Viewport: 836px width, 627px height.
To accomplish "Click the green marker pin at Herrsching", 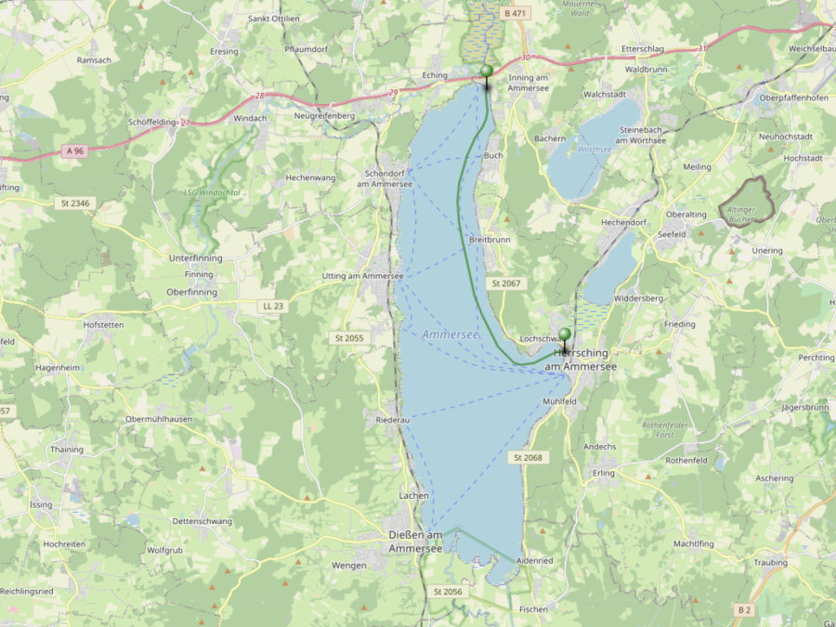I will (x=565, y=336).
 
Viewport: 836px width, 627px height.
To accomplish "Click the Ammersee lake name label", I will (x=450, y=334).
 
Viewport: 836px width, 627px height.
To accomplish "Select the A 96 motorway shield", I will (x=76, y=150).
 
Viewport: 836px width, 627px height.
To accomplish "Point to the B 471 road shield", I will (x=513, y=14).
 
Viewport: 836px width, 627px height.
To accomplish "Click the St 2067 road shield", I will (x=508, y=282).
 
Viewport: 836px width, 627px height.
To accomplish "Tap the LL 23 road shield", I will (x=271, y=305).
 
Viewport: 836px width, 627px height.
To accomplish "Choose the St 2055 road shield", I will (x=348, y=338).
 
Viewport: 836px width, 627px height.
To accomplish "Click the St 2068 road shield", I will (x=527, y=458).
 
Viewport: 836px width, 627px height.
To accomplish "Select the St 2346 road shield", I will (x=76, y=202).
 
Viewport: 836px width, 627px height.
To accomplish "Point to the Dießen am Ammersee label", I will (x=414, y=542).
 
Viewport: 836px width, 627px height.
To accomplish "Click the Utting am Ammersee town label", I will (x=362, y=276).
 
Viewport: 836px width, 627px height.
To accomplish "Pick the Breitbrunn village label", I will (x=490, y=239).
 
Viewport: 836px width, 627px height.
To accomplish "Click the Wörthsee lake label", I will (x=594, y=149).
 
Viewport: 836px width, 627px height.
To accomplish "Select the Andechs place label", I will (x=599, y=447).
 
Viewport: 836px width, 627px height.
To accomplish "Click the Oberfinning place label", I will (x=190, y=292).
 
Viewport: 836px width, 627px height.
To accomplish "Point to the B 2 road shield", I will (x=743, y=609).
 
